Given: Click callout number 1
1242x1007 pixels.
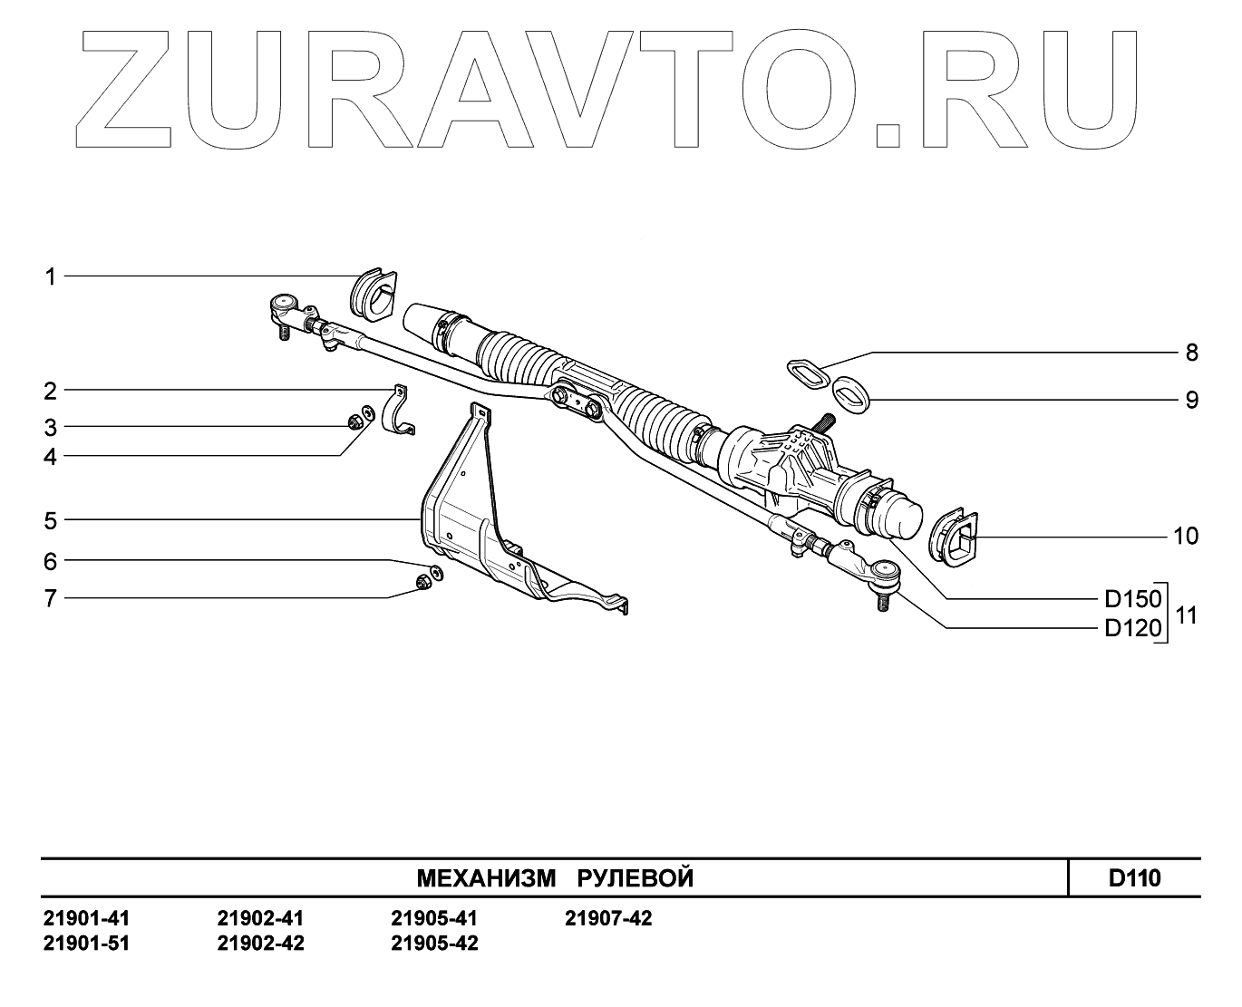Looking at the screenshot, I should (52, 276).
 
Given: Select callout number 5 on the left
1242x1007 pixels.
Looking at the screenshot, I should (51, 520).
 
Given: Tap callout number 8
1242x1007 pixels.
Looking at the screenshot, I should (1191, 353).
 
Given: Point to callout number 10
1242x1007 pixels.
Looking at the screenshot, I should (1185, 537).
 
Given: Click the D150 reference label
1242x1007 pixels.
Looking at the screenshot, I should (1132, 599).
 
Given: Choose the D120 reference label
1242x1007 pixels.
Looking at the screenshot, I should (1132, 629).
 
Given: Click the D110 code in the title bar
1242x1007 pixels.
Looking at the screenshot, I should (1134, 877).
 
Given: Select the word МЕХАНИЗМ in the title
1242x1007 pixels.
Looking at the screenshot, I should (485, 878).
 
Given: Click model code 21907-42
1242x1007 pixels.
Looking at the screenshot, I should (608, 919).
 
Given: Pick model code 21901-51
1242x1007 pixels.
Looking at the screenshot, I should (86, 944).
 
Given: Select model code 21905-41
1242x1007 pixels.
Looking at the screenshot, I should (434, 919).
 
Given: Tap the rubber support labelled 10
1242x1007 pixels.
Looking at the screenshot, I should (955, 537).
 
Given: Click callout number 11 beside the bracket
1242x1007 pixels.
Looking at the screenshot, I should (1186, 615).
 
